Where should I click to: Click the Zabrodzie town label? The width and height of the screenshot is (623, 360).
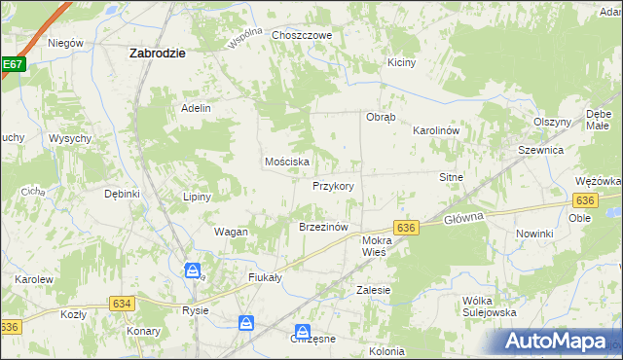(158, 54)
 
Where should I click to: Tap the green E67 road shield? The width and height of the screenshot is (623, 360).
(12, 65)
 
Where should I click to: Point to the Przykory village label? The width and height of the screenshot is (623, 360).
(333, 186)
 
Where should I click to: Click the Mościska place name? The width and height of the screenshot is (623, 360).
(287, 162)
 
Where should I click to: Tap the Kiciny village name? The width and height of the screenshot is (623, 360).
(401, 62)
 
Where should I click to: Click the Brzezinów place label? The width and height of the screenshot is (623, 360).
(323, 227)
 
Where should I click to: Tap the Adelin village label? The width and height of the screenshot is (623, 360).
(196, 108)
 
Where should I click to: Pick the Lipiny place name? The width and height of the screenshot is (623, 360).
(198, 197)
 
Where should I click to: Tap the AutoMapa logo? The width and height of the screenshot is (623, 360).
(563, 341)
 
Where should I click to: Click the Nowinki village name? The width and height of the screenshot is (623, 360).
(534, 234)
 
